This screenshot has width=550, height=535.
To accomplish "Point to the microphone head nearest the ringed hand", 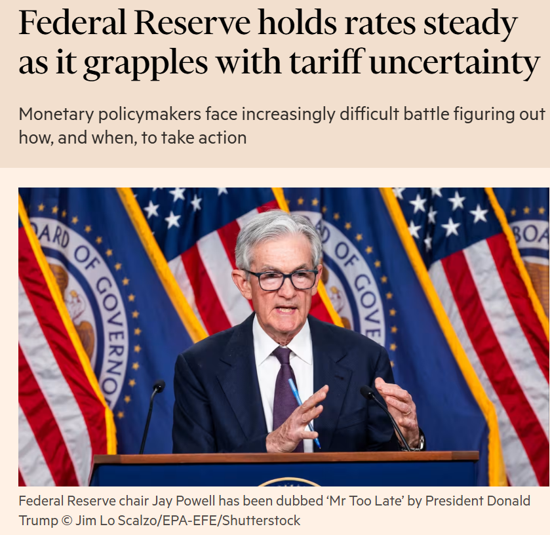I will [367, 392].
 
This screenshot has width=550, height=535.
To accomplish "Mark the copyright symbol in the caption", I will [64, 521].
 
